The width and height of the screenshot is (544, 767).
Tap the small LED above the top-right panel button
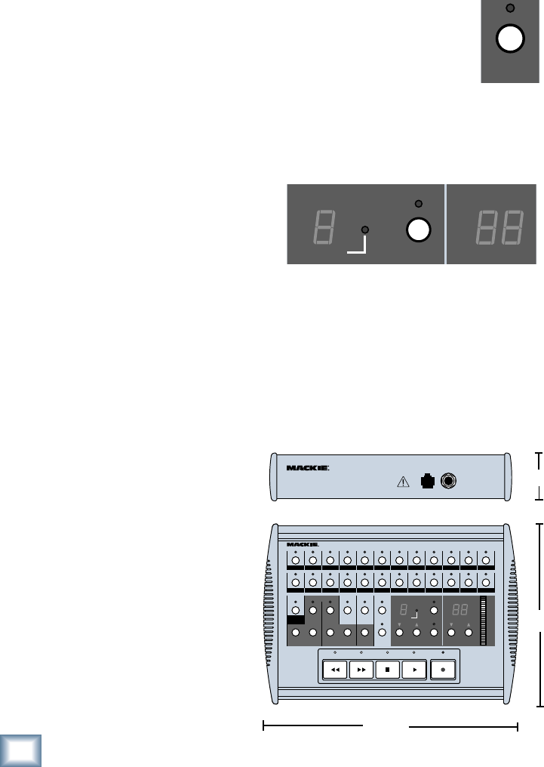(x=510, y=8)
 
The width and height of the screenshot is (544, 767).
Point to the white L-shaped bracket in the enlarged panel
(x=357, y=246)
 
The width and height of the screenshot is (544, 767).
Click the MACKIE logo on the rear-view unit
(x=308, y=467)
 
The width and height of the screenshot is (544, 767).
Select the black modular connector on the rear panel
(x=427, y=481)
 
